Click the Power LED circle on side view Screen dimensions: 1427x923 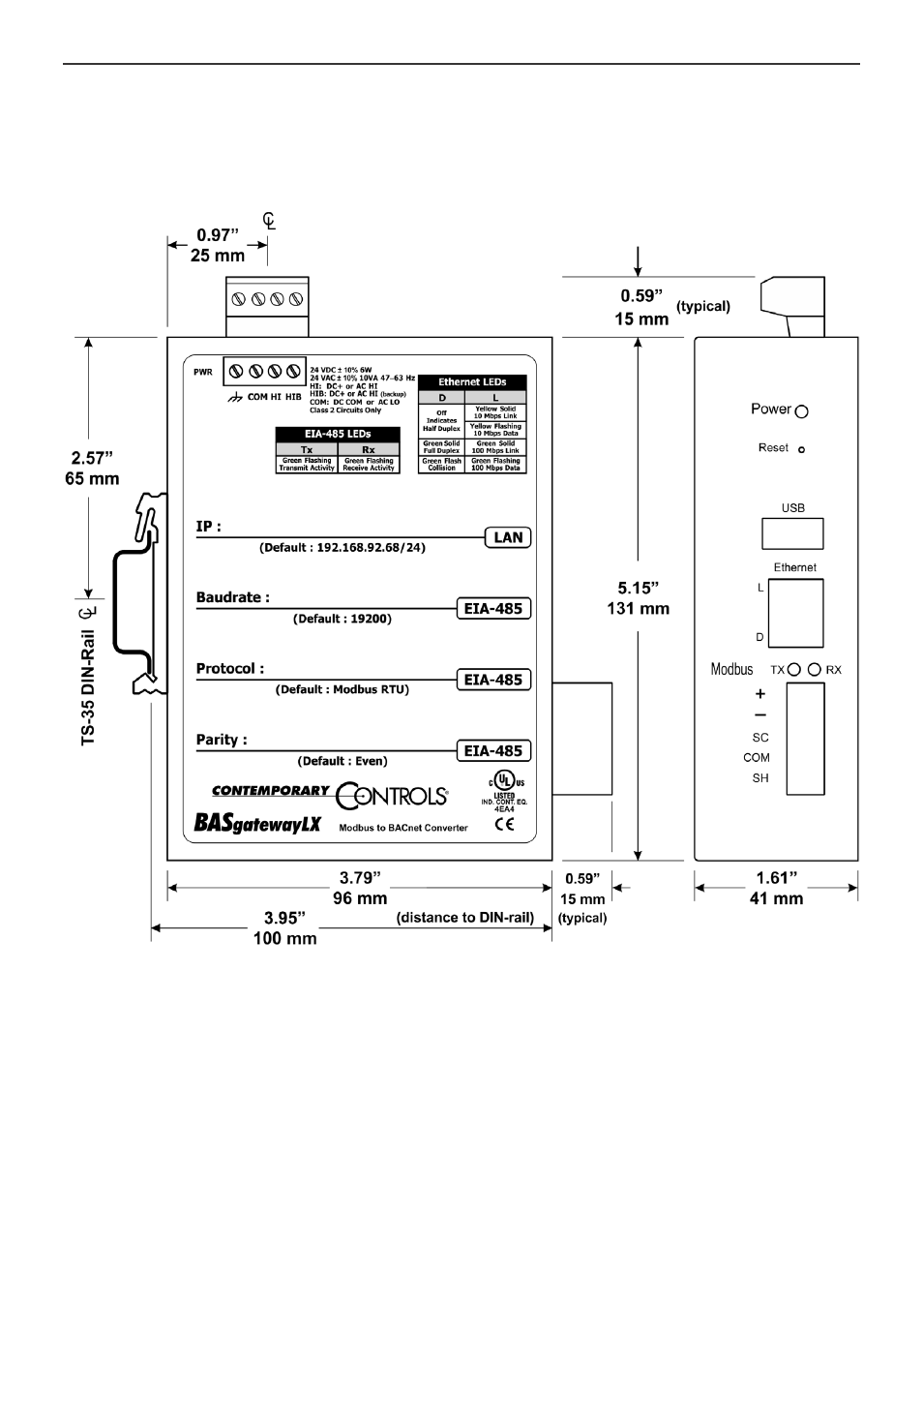(801, 411)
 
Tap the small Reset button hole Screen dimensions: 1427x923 (801, 449)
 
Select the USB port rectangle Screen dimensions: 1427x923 (792, 533)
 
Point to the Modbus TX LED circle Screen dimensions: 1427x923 (794, 669)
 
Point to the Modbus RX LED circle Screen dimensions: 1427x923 (815, 669)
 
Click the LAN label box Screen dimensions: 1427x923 (508, 537)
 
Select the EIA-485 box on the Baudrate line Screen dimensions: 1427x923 (493, 609)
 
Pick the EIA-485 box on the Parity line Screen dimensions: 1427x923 (493, 750)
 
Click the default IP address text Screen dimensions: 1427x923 (342, 548)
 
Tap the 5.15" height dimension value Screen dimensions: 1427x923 (638, 588)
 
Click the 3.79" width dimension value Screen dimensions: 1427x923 (360, 878)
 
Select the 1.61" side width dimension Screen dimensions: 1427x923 (776, 878)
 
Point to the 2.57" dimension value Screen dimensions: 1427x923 (92, 458)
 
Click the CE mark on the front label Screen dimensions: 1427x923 (504, 825)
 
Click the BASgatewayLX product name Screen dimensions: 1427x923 (257, 824)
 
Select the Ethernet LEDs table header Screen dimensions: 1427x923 (472, 382)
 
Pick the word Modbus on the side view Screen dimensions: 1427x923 (731, 669)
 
